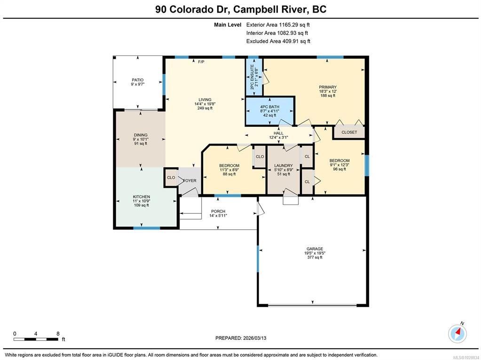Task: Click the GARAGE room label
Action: pyautogui.click(x=315, y=249)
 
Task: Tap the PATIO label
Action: pyautogui.click(x=138, y=80)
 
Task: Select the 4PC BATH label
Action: pyautogui.click(x=269, y=107)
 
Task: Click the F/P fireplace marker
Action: pyautogui.click(x=201, y=62)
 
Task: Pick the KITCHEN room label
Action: pyautogui.click(x=142, y=196)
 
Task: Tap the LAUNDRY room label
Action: pyautogui.click(x=284, y=165)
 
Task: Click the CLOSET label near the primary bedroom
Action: pyautogui.click(x=349, y=132)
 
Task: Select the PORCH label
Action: pyautogui.click(x=218, y=211)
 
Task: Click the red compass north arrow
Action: pyautogui.click(x=458, y=332)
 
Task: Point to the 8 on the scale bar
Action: pyautogui.click(x=58, y=334)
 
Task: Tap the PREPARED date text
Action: pyautogui.click(x=241, y=338)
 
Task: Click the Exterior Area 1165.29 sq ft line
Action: pyautogui.click(x=276, y=25)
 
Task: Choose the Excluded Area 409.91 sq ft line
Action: pyautogui.click(x=278, y=41)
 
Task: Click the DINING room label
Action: pyautogui.click(x=141, y=135)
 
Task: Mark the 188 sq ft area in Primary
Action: pyautogui.click(x=328, y=95)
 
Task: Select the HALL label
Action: pyautogui.click(x=278, y=133)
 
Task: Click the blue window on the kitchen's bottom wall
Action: pyautogui.click(x=147, y=228)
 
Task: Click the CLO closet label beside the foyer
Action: pyautogui.click(x=171, y=178)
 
